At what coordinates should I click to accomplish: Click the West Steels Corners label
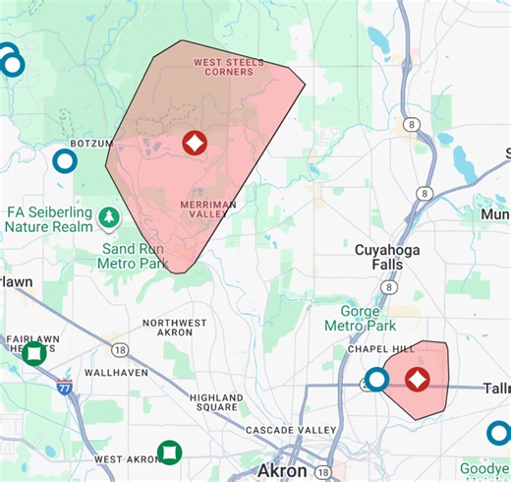pos(228,67)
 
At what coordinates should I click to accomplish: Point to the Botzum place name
pos(92,144)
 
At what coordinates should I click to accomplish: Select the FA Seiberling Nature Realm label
pos(48,219)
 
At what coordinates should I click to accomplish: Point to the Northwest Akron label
pos(175,329)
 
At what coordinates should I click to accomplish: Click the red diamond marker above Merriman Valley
pos(195,144)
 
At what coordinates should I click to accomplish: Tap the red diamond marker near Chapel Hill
pos(417,380)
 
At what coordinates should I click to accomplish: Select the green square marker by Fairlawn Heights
pos(34,352)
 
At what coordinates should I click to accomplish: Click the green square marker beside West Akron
pos(170,452)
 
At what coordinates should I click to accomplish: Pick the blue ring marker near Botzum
pos(65,160)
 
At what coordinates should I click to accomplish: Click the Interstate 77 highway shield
pos(64,387)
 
